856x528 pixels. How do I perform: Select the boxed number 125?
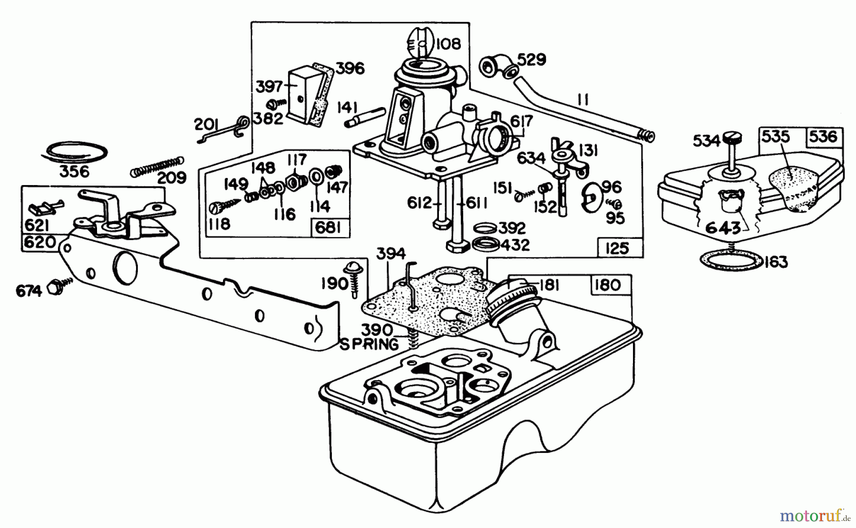[617, 248]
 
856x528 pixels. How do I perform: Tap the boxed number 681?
[329, 228]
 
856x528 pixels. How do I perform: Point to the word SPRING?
[369, 344]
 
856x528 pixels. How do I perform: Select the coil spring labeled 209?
[156, 165]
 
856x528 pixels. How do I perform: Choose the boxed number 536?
[823, 137]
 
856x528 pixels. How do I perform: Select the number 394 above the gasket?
[391, 254]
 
